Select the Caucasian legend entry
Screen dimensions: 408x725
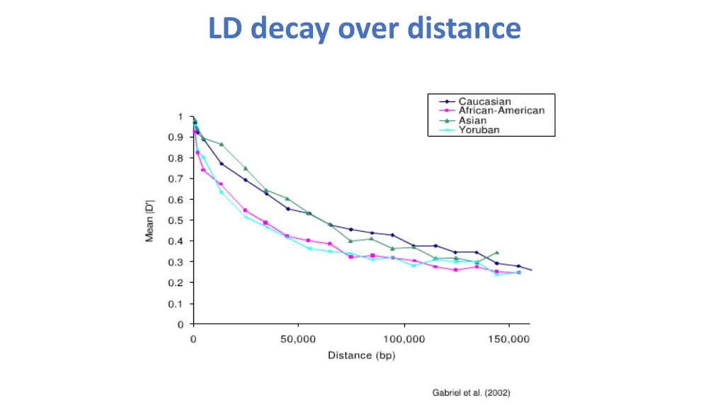point(484,102)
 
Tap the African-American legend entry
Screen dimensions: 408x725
point(501,111)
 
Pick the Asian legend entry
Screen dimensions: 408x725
point(472,120)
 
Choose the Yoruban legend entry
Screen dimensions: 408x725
point(479,130)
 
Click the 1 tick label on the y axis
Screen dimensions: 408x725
point(181,117)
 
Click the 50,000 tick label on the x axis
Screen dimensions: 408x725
point(298,340)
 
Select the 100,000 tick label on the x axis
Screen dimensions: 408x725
point(404,340)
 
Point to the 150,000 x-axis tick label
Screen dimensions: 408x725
point(509,340)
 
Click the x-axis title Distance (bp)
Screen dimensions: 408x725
point(361,356)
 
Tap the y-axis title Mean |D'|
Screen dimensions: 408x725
point(150,220)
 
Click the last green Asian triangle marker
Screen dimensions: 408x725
point(497,252)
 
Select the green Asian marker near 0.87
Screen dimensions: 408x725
point(222,144)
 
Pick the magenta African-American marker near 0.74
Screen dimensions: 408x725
point(203,170)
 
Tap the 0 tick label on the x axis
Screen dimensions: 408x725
point(193,340)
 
